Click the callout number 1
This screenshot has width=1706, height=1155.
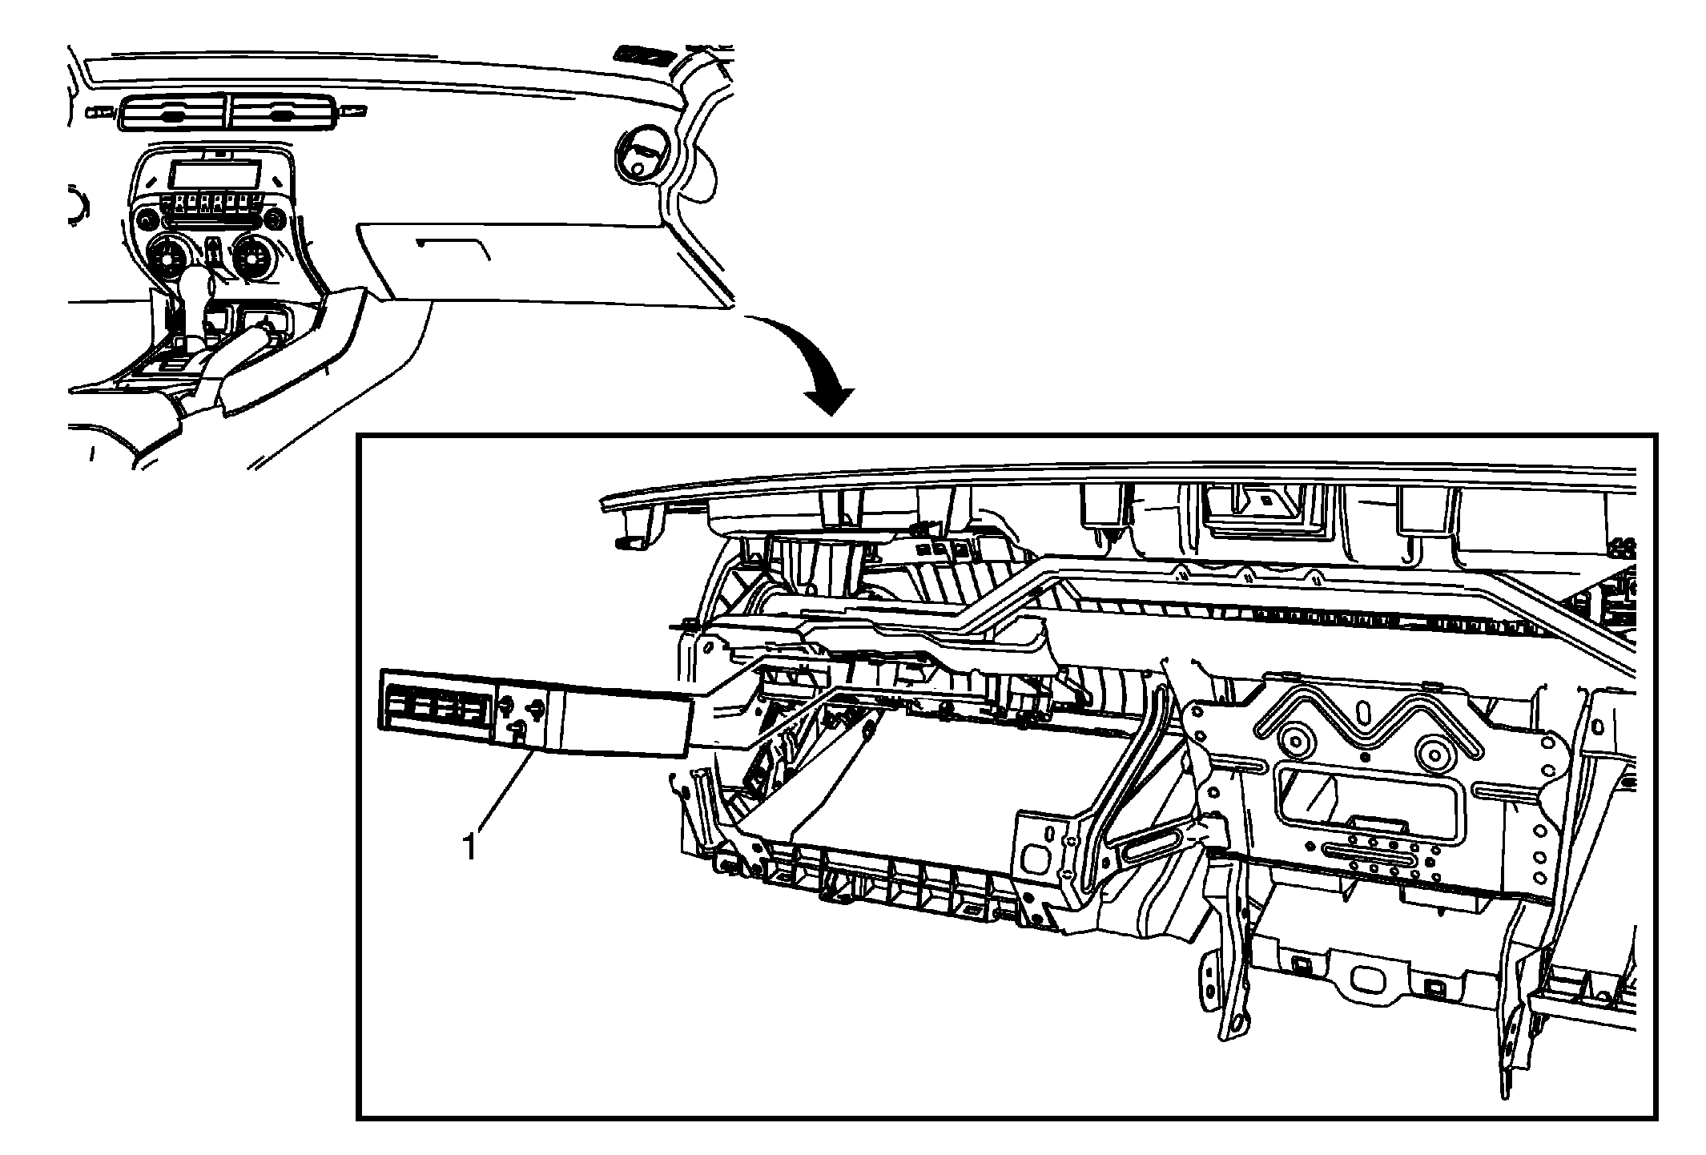coord(470,846)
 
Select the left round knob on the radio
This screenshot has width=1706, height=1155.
coord(146,219)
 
